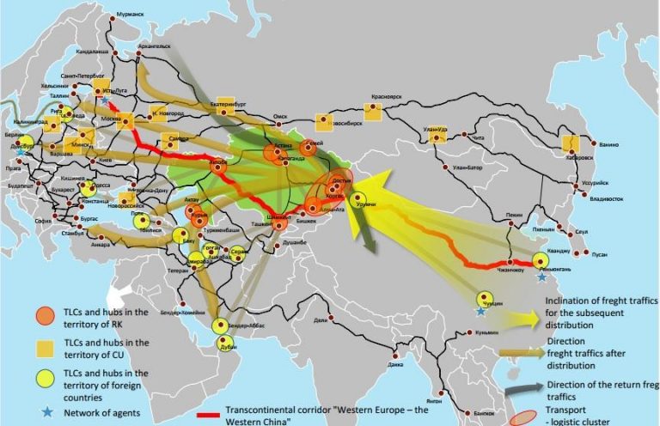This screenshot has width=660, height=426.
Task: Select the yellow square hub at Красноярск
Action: [x=373, y=112]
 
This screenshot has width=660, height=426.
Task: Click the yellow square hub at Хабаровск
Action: [x=570, y=144]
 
